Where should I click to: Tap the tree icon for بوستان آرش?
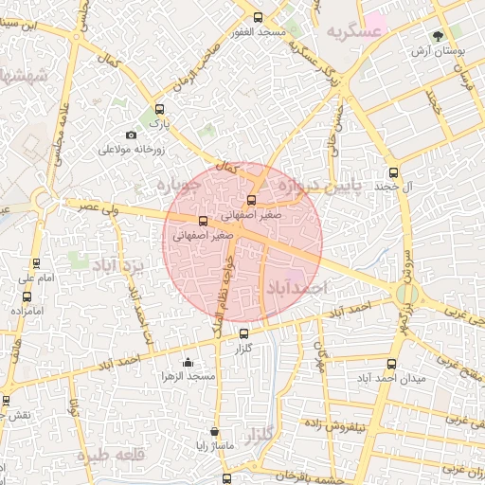click(437, 36)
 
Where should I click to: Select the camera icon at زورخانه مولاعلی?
click(132, 136)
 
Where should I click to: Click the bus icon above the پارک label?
click(159, 109)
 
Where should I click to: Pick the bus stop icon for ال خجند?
click(394, 172)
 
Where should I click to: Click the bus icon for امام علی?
click(36, 264)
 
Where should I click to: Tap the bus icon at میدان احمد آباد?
click(392, 364)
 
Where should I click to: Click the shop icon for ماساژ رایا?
click(214, 432)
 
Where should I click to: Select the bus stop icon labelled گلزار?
click(243, 333)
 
